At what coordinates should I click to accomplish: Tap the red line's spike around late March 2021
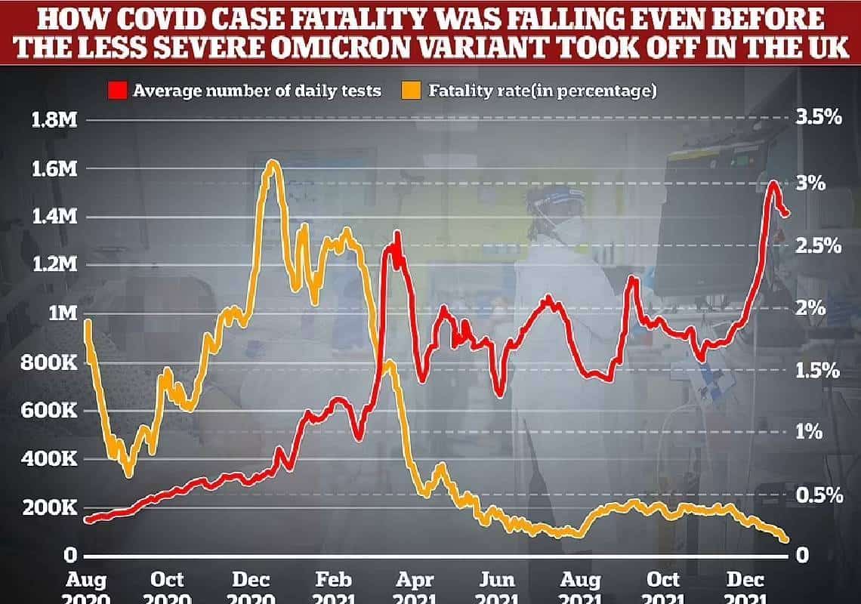coord(397,234)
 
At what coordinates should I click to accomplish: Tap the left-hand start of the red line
coord(87,520)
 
